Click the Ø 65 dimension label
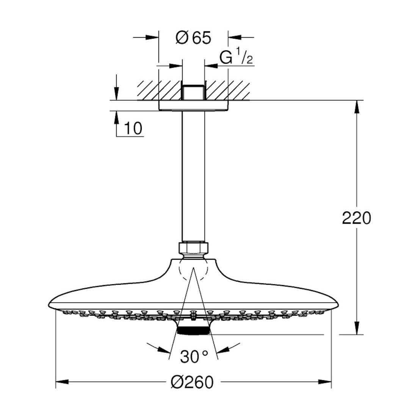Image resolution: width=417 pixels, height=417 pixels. pyautogui.click(x=193, y=38)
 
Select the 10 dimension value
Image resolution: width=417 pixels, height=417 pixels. pyautogui.click(x=133, y=129)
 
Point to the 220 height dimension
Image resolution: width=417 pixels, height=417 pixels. pyautogui.click(x=356, y=218)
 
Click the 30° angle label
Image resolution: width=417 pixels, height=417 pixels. pyautogui.click(x=194, y=357)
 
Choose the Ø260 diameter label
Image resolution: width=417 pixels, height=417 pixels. pyautogui.click(x=192, y=382)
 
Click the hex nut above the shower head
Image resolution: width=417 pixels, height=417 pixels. pyautogui.click(x=193, y=248)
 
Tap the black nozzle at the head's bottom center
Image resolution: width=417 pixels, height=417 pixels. pyautogui.click(x=193, y=331)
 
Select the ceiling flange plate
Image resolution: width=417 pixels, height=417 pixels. pyautogui.click(x=193, y=105)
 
